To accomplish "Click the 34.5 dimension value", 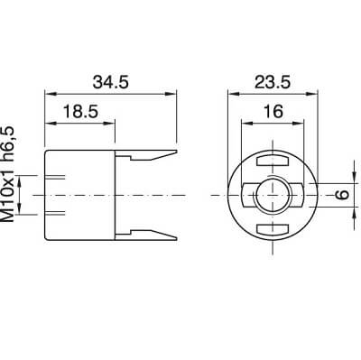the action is [111, 82].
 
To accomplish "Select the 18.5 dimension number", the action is [80, 112].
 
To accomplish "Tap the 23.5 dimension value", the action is [273, 82].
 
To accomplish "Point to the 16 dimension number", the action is [273, 111].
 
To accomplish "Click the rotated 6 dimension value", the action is [342, 194].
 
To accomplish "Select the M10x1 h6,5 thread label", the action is [8, 174].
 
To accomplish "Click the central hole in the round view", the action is [273, 196].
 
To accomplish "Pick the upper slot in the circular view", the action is [273, 161].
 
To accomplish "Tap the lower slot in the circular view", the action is [273, 229].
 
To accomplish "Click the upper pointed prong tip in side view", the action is [176, 152].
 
